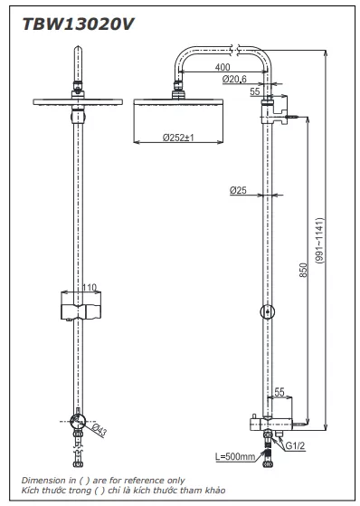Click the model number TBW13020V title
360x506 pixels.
78,24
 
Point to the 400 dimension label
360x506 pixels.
223,67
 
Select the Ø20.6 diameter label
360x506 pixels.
234,79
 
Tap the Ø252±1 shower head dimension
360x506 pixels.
178,138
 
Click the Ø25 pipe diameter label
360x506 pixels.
238,190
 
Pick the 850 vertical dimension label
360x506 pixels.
304,270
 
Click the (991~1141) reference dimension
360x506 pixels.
319,241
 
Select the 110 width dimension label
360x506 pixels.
90,287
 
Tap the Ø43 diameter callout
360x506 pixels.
99,431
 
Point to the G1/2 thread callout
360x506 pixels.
295,446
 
